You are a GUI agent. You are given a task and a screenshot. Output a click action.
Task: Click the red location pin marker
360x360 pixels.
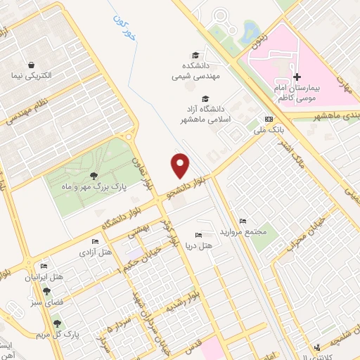[x=181, y=165]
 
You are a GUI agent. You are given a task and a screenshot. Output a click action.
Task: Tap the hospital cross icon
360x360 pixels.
[x=297, y=77]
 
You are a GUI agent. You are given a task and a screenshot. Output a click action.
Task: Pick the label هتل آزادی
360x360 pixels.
[x=95, y=251]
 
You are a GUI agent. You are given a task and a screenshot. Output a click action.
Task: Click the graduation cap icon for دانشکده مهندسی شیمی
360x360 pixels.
[x=195, y=56]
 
